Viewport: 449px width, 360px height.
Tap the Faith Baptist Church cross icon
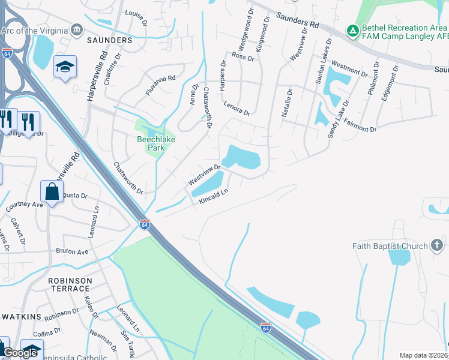pos(436,245)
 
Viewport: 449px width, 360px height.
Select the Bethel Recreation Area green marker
pos(352,29)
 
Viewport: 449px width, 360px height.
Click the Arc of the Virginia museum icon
pos(76,29)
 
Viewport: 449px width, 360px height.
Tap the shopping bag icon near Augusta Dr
pos(52,192)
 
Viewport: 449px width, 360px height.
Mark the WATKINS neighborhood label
pos(21,316)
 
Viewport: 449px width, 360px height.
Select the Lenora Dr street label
pos(237,108)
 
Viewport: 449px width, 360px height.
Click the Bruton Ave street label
pos(73,251)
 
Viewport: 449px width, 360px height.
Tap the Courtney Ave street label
pos(25,205)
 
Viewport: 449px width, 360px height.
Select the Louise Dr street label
pos(136,17)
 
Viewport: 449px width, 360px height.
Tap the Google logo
pos(20,353)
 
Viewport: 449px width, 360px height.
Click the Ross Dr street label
pos(243,58)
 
